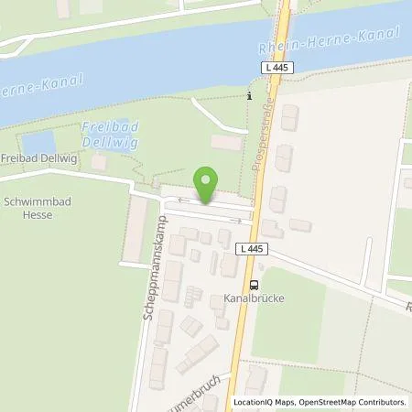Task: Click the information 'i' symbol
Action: tap(249, 95)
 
